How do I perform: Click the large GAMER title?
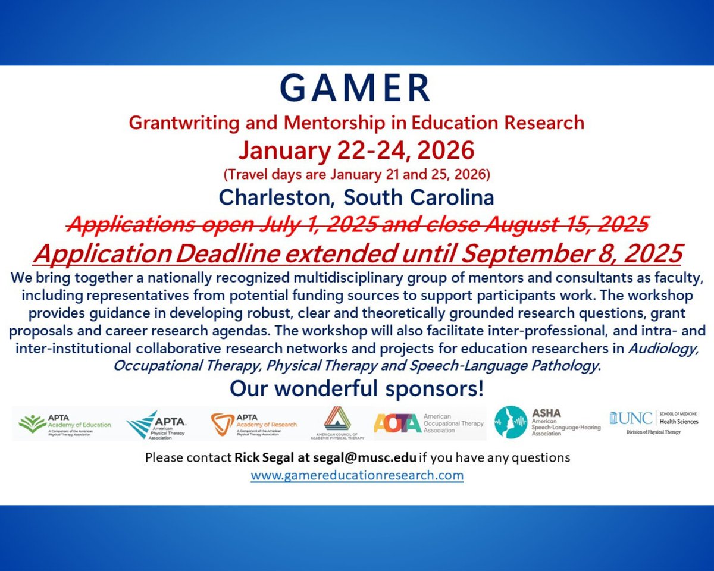pyautogui.click(x=356, y=89)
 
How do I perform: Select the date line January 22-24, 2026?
pyautogui.click(x=356, y=151)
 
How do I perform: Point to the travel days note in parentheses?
pyautogui.click(x=356, y=175)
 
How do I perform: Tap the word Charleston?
pyautogui.click(x=276, y=197)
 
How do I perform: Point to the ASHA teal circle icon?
pyautogui.click(x=511, y=422)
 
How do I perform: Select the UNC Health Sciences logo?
pyautogui.click(x=653, y=422)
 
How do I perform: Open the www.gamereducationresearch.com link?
pyautogui.click(x=357, y=476)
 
